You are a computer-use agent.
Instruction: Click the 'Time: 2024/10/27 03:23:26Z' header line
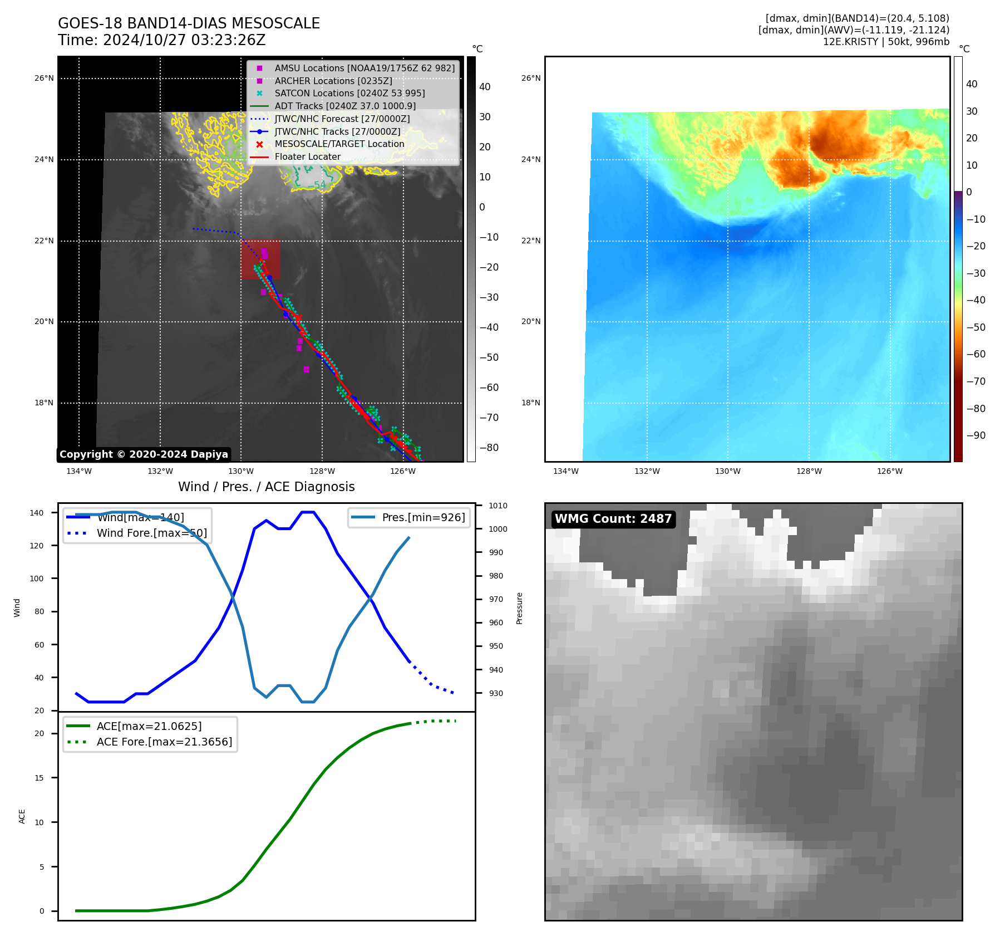(x=162, y=41)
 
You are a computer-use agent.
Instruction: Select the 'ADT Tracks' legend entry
(x=345, y=106)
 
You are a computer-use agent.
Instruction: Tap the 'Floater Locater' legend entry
(x=307, y=157)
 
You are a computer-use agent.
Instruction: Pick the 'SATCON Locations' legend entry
(x=349, y=93)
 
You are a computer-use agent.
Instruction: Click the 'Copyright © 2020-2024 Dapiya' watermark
(x=144, y=454)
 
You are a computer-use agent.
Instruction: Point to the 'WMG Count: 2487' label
(x=613, y=519)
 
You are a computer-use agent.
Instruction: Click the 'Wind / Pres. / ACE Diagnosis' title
(x=266, y=487)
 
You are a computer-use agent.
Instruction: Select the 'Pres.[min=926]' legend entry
(x=423, y=517)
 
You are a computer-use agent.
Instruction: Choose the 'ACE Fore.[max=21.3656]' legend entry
(x=164, y=742)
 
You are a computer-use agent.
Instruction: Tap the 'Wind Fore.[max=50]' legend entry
(x=151, y=533)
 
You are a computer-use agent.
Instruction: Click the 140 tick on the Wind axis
(x=37, y=513)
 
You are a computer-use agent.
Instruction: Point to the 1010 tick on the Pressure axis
(x=498, y=506)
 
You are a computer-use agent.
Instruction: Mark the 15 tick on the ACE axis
(x=39, y=778)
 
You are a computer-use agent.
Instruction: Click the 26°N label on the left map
(x=44, y=79)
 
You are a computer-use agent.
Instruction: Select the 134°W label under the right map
(x=566, y=472)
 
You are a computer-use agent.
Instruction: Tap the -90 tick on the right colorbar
(x=976, y=435)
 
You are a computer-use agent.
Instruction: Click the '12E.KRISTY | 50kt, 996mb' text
(x=886, y=42)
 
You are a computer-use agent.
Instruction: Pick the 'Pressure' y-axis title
(x=519, y=608)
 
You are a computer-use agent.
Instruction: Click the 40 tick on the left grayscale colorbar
(x=485, y=87)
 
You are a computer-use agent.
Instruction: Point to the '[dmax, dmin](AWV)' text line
(x=854, y=30)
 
